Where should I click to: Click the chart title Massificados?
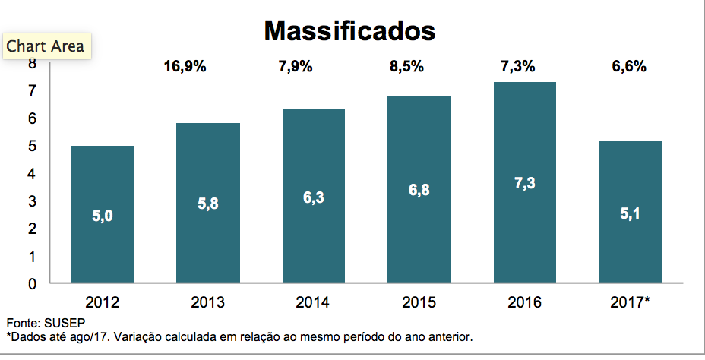349,30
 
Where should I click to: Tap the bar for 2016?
524,182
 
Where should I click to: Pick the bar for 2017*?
630,212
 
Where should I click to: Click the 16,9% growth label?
185,66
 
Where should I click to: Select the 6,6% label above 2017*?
629,66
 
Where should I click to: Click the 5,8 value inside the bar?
207,204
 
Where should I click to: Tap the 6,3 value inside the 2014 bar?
313,197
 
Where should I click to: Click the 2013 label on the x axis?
207,302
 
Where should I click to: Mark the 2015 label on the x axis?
419,302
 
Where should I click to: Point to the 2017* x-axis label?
630,302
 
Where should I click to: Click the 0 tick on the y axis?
33,284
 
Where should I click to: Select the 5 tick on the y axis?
33,146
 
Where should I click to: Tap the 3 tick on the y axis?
33,201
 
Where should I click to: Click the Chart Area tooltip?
46,46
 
